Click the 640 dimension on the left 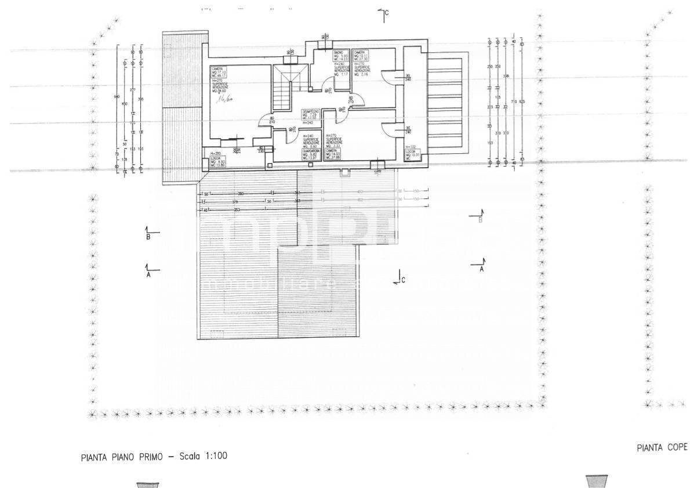coord(118,96)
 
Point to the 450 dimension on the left coord(125,104)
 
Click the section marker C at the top coord(384,13)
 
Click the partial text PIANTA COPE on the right coord(662,447)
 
